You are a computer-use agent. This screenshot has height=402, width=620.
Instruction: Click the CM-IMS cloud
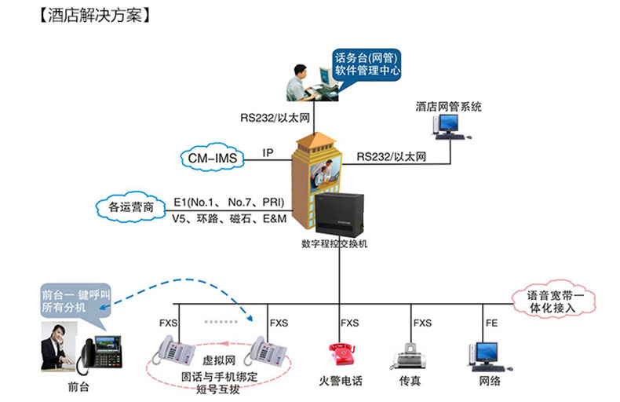click(213, 158)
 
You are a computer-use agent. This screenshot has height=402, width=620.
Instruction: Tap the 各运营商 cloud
click(131, 206)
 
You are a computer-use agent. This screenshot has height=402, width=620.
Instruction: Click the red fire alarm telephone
click(341, 354)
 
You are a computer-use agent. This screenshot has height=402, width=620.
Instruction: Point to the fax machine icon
click(410, 356)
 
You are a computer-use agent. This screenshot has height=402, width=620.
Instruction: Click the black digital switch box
click(339, 214)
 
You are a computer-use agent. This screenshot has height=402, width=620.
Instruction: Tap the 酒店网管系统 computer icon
click(450, 126)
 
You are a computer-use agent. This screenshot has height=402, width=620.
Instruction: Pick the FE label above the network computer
click(491, 323)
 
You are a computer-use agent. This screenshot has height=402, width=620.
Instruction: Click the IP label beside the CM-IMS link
click(268, 153)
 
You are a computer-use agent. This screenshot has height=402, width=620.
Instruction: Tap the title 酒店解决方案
click(95, 16)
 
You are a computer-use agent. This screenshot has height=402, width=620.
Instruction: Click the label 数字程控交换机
click(334, 243)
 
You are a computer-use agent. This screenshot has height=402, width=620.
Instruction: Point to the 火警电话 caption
click(341, 381)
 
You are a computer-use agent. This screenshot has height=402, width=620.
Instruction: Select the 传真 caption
click(410, 381)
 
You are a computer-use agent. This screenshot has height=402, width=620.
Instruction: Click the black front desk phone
click(100, 354)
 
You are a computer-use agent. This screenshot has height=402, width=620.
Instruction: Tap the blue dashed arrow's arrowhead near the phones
click(250, 317)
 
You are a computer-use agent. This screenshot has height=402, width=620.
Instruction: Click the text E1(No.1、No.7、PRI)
click(229, 203)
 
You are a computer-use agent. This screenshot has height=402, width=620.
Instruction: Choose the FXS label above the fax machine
click(422, 323)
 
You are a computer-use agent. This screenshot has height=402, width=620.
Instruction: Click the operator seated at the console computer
click(301, 83)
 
